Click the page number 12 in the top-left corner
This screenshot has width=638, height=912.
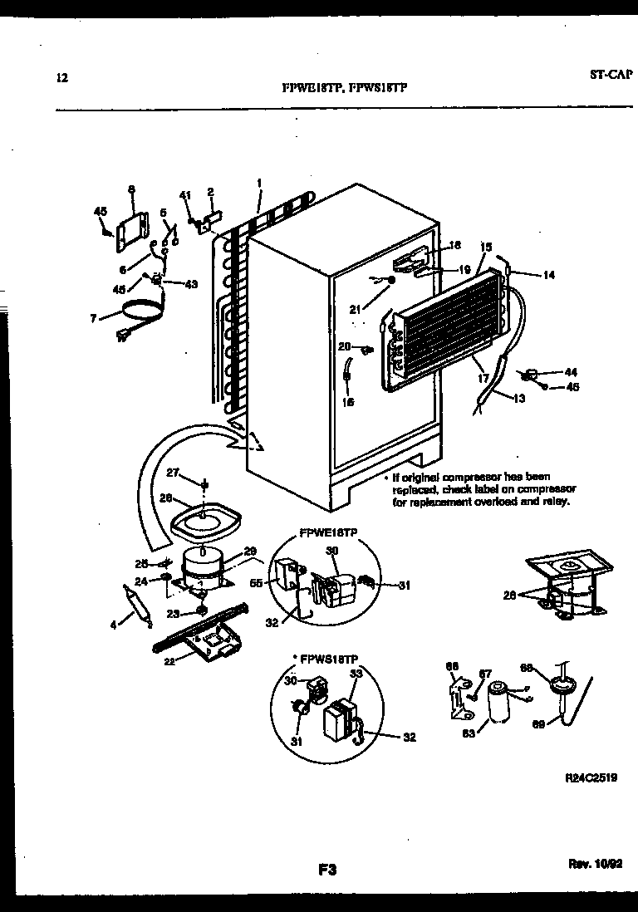[60, 79]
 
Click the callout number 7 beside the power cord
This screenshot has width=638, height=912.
[93, 317]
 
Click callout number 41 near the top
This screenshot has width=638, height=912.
[185, 195]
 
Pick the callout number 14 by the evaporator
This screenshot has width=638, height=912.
[548, 275]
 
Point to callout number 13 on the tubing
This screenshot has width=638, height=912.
[519, 399]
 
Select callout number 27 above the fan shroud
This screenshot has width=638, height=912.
[173, 473]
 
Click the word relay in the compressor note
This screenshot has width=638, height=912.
[558, 503]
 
